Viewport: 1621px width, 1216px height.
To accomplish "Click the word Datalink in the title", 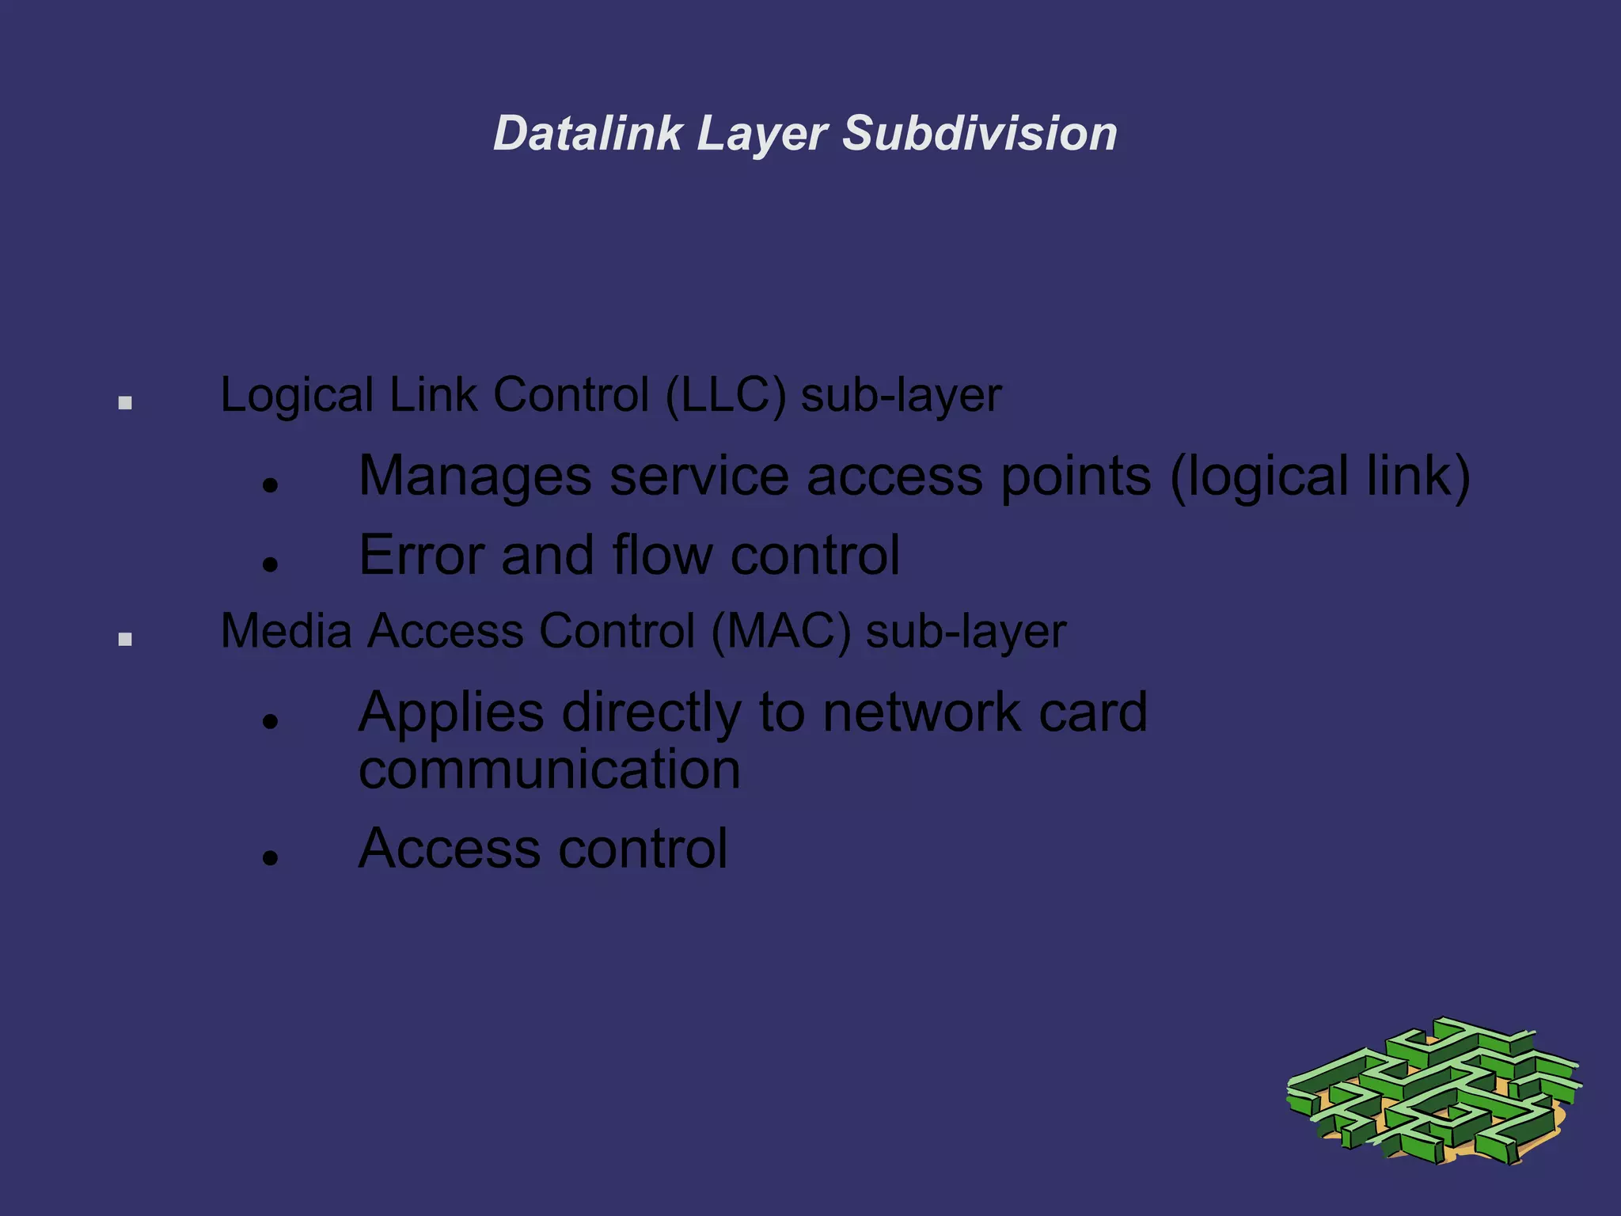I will coord(587,133).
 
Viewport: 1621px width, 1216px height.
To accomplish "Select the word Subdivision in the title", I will coord(979,133).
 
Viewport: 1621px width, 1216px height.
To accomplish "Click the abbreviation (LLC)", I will coord(726,395).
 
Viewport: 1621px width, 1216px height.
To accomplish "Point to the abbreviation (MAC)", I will coord(781,632).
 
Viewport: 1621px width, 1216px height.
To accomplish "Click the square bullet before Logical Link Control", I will coord(125,403).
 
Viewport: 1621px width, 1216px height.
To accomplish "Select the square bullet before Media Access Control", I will coord(125,639).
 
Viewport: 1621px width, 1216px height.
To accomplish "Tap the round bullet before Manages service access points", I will coord(271,485).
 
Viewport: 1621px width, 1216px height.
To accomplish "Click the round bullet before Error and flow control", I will coord(271,564).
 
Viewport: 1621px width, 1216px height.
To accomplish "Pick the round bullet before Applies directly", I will coord(271,721).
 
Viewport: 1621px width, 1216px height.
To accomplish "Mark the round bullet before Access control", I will coord(271,857).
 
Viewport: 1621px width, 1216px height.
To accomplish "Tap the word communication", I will coord(549,769).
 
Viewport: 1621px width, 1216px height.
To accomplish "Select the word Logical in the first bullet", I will coord(297,396).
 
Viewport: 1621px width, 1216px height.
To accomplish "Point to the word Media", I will coord(286,632).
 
